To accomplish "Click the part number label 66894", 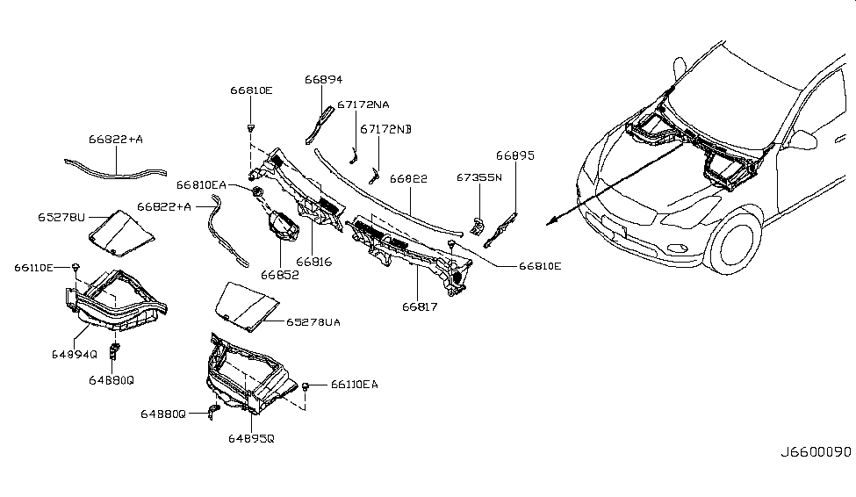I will point(324,79).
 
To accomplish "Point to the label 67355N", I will point(478,177).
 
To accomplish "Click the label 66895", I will point(514,155).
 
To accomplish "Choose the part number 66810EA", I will point(201,185).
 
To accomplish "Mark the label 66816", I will point(314,262).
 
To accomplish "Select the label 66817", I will point(421,306).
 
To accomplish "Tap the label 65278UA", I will point(313,322).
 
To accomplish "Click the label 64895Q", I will point(251,437).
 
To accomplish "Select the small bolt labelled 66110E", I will point(77,265).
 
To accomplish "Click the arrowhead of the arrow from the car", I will point(550,223).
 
